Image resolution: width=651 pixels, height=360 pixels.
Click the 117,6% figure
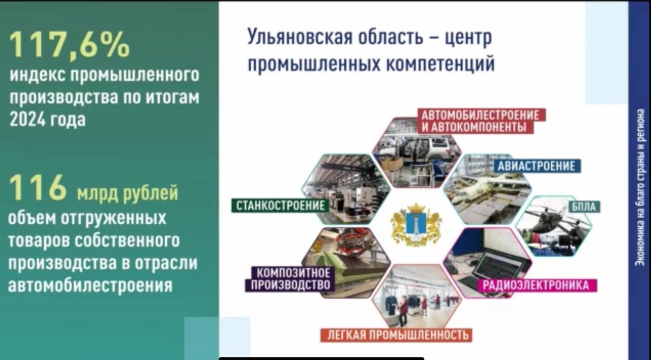[x=70, y=46]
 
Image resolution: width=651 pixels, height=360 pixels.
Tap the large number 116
[x=38, y=188]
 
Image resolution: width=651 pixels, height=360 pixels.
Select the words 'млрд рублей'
[x=128, y=193]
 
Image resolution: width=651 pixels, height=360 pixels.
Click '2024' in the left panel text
[x=27, y=119]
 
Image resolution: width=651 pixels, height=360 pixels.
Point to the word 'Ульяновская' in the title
[x=300, y=38]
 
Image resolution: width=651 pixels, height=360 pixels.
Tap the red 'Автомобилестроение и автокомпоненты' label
[x=481, y=121]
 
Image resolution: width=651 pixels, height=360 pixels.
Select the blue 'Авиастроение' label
[x=537, y=166]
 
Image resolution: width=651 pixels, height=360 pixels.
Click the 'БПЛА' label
[x=584, y=207]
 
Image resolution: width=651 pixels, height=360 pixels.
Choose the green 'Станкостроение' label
[x=280, y=205]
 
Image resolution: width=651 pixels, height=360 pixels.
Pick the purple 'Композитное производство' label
[x=290, y=279]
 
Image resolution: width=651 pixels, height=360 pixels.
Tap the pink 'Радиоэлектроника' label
[x=538, y=285]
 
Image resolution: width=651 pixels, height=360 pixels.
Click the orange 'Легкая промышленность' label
[x=396, y=335]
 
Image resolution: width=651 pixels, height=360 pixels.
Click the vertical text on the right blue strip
[x=640, y=188]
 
